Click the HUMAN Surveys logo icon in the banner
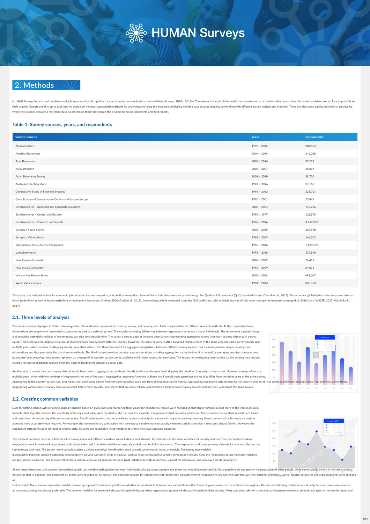click(x=136, y=33)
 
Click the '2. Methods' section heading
click(x=35, y=85)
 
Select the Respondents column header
click(x=314, y=137)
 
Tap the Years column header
click(x=255, y=137)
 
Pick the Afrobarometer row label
click(x=24, y=146)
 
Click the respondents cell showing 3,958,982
click(x=311, y=222)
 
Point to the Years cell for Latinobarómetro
click(x=259, y=253)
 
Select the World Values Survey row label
click(x=28, y=283)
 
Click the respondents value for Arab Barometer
click(x=309, y=161)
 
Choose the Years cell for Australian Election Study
click(x=259, y=184)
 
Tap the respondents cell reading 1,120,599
click(x=311, y=245)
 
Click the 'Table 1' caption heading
click(x=62, y=125)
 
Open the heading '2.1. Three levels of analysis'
click(x=41, y=318)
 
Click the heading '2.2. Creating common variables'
click(x=45, y=399)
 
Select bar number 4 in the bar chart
click(x=308, y=365)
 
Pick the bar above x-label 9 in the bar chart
click(x=351, y=376)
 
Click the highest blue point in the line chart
click(x=317, y=431)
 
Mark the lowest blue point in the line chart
click(x=342, y=460)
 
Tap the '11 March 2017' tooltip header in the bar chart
click(x=325, y=337)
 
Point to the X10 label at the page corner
click(x=365, y=519)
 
